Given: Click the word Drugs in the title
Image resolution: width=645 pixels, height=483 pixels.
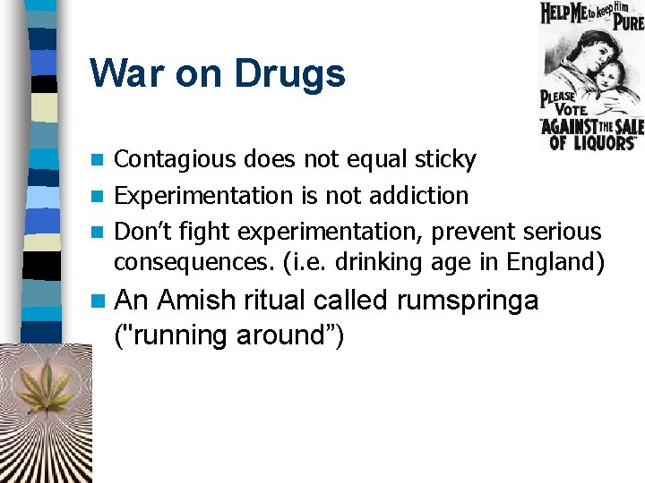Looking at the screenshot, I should pos(289,73).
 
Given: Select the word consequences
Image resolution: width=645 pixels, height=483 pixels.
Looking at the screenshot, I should pos(180,263).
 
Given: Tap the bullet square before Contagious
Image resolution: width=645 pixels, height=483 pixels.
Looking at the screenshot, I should pos(99,161).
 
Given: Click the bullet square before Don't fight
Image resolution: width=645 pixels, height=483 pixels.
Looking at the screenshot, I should pos(99,232).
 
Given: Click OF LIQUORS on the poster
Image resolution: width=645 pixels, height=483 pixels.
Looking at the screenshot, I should pos(591,141).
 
